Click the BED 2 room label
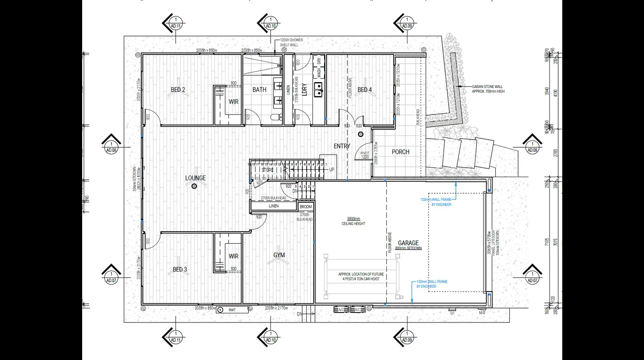pos(178,90)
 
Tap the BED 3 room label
pos(180,270)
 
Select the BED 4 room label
pos(365,90)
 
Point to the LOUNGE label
pos(195,178)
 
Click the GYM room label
pos(279,255)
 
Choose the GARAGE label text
pos(408,243)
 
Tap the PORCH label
pos(400,152)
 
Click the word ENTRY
pos(342,146)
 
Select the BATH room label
pos(259,90)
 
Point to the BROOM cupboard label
pos(306,207)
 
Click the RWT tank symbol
pos(232,310)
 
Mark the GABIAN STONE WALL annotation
pos(488,89)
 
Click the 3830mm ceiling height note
pos(353,221)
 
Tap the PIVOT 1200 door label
pos(365,155)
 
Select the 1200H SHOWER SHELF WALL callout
pos(291,43)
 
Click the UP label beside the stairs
pos(331,170)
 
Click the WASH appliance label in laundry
pos(319,73)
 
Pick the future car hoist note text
pos(361,277)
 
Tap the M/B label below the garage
pos(482,313)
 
